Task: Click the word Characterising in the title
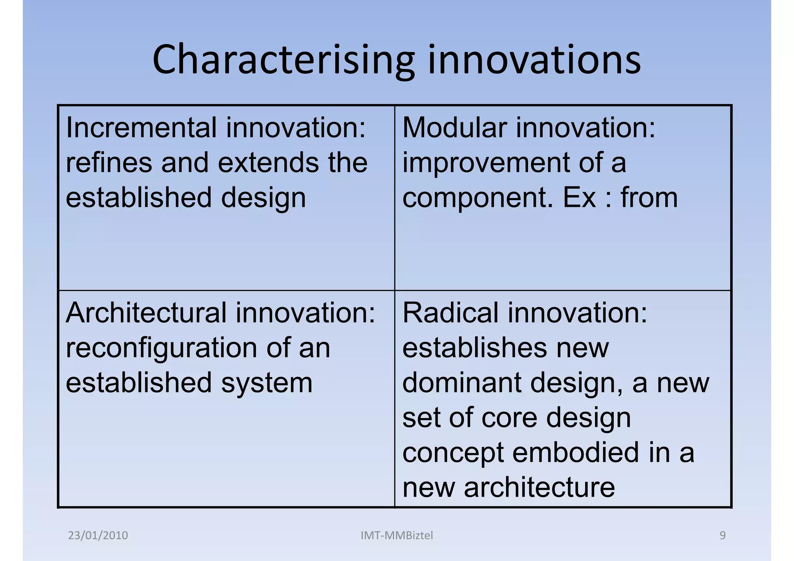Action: click(x=283, y=60)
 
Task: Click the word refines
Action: click(x=109, y=162)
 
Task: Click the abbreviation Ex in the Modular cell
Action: click(x=579, y=198)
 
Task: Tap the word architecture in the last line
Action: click(x=539, y=487)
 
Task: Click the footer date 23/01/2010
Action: click(x=98, y=535)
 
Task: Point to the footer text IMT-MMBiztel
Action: click(x=397, y=535)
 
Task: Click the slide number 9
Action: click(x=722, y=535)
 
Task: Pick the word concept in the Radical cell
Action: click(x=453, y=453)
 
